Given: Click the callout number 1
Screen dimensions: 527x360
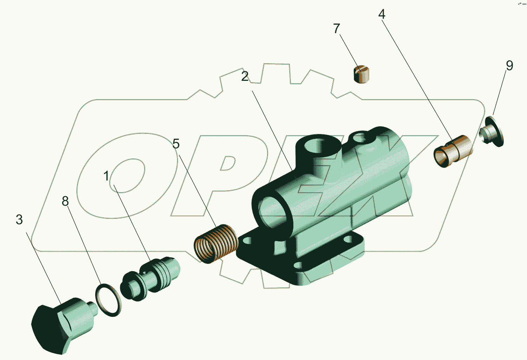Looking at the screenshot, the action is [106, 176].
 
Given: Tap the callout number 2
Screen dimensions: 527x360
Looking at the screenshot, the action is [245, 76].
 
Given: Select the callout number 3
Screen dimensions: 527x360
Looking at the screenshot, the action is [19, 220].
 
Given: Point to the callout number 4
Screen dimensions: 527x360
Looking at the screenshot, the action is [382, 14].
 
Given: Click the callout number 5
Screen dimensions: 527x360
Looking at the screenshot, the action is [176, 143].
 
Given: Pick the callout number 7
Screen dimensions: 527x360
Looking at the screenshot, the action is [337, 28].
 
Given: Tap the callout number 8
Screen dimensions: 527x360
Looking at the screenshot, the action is [65, 201].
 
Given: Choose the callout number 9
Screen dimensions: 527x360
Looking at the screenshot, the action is [509, 65].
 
